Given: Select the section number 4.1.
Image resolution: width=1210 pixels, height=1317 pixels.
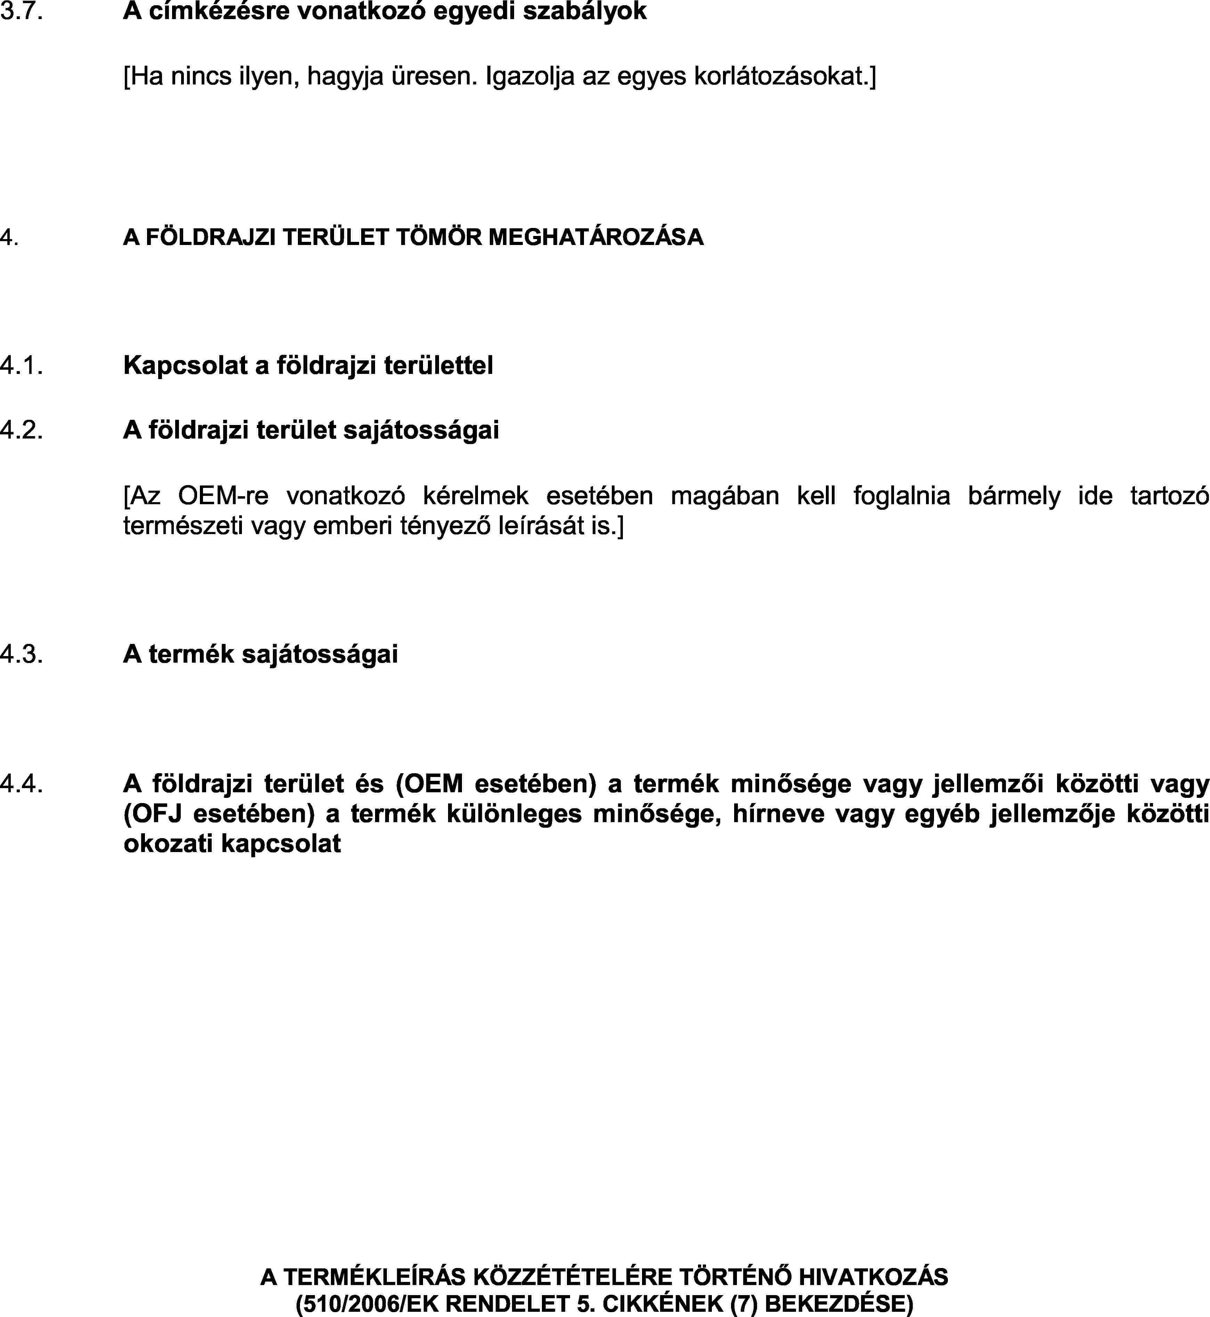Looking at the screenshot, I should click(22, 365).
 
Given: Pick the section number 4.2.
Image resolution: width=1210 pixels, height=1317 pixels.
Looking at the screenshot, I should click(22, 430).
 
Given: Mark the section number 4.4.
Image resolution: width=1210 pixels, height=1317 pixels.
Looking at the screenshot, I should click(22, 783).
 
